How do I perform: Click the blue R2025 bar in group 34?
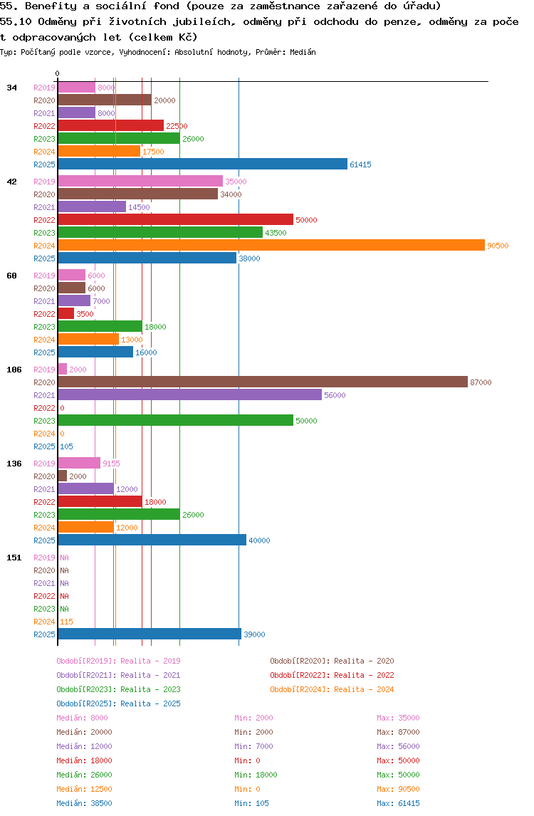click(202, 164)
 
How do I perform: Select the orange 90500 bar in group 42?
click(271, 246)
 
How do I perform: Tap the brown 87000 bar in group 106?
click(262, 382)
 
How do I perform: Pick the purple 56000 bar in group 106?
click(189, 395)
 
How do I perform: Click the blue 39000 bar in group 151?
click(149, 634)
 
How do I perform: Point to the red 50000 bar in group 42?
click(175, 220)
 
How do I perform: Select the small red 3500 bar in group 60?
click(66, 314)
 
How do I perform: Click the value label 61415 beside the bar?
click(360, 164)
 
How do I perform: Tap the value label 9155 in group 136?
click(111, 464)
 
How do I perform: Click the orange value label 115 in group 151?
click(66, 622)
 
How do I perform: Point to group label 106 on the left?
click(14, 370)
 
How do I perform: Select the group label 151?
click(14, 558)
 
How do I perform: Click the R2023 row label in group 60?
click(44, 327)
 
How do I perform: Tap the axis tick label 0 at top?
click(58, 73)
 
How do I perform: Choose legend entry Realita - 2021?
click(118, 675)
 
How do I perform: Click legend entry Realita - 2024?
click(332, 689)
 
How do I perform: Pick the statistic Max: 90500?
click(398, 789)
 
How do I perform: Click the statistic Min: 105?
click(253, 803)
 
